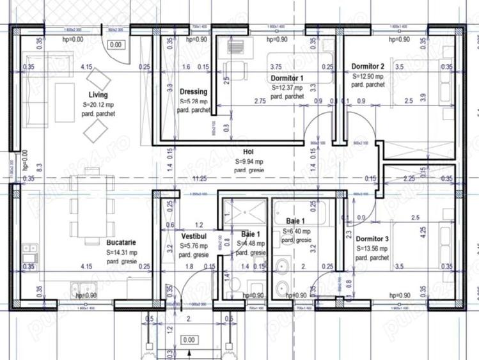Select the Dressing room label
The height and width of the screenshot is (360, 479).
[193, 91]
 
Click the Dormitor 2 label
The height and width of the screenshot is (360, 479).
[368, 67]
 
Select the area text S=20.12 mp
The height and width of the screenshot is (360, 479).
[98, 104]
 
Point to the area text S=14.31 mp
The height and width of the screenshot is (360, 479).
[123, 252]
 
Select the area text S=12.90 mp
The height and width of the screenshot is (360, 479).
[368, 75]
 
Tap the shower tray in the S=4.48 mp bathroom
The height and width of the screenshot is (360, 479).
[244, 211]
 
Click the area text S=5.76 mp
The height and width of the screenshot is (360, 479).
[193, 246]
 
